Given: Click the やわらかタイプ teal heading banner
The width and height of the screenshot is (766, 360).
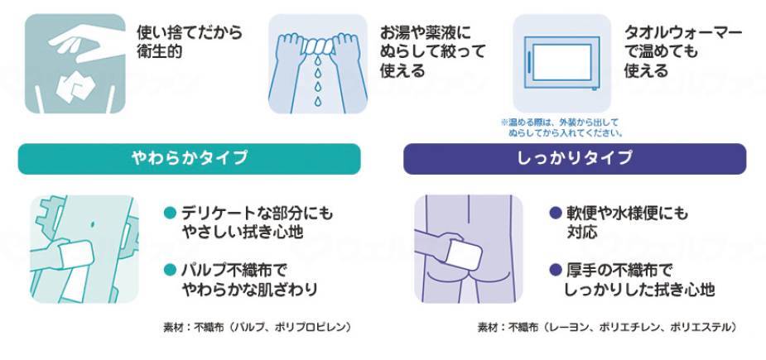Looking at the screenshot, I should pos(189,158).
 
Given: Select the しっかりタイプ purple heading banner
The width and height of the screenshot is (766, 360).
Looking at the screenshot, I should pos(574,158).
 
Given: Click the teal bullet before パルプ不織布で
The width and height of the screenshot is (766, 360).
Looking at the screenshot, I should pos(170,270).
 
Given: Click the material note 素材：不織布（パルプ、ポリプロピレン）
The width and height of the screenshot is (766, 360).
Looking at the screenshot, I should pos(257,327).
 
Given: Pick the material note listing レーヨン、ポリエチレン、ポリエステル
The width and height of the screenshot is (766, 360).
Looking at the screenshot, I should pos(606,327).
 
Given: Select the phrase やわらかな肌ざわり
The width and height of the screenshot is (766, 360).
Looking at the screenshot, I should pos(248,290).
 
